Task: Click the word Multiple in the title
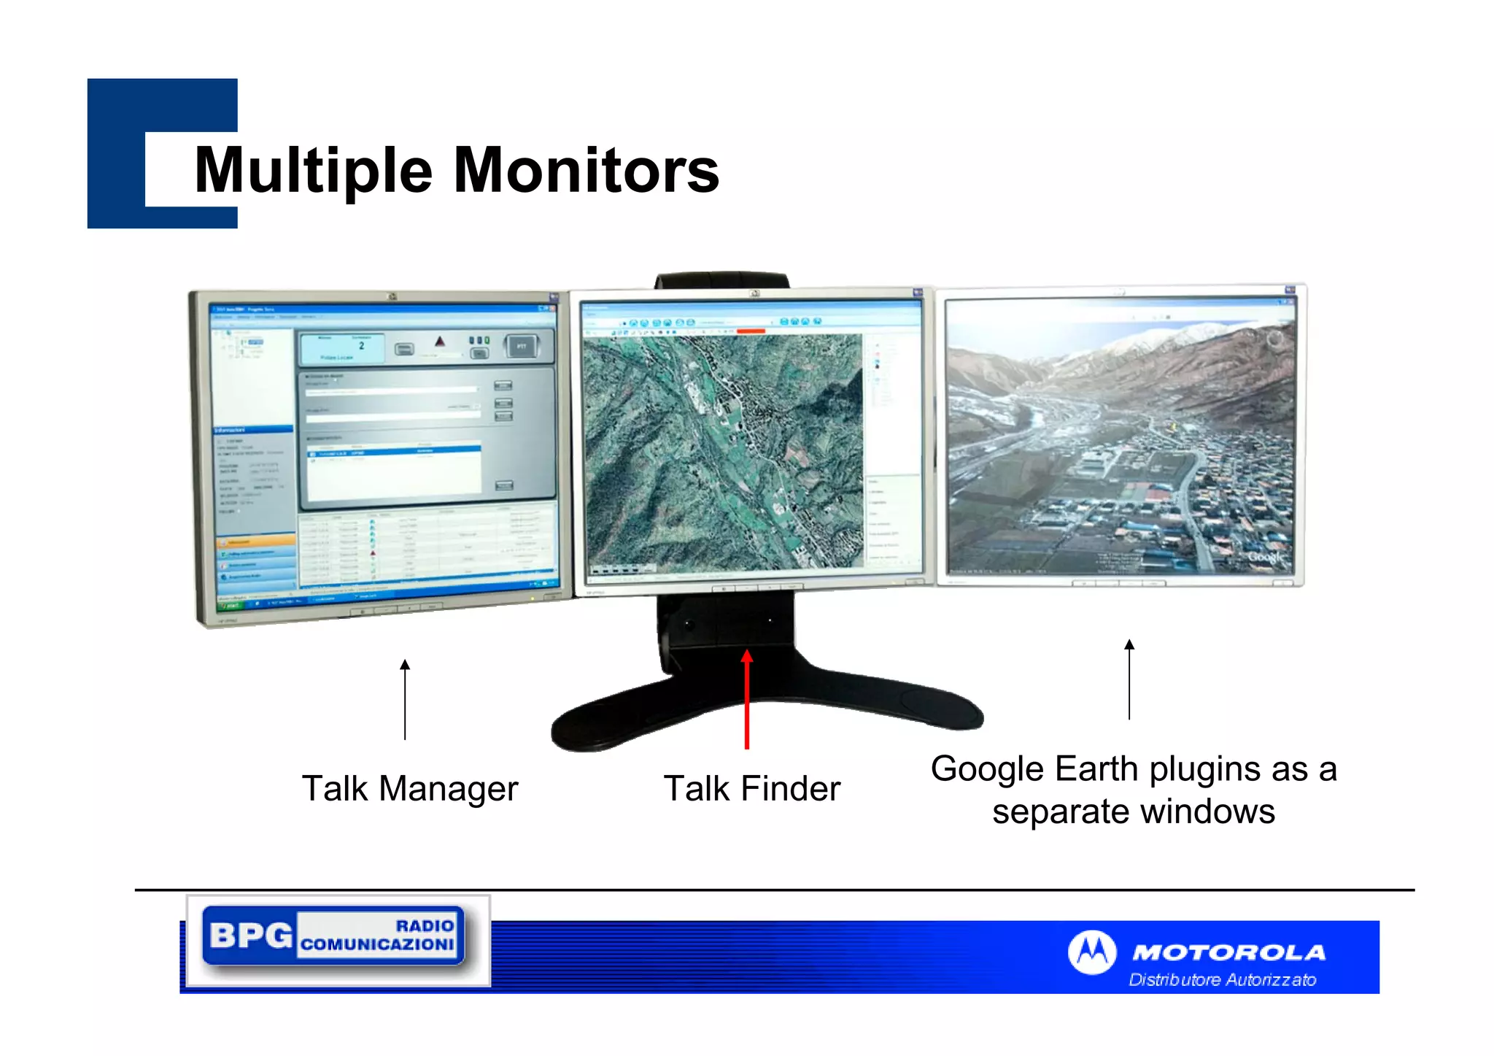point(314,171)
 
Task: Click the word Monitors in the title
point(587,170)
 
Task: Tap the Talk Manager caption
point(410,789)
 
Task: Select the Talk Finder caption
point(752,789)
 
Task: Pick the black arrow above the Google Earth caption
point(1129,679)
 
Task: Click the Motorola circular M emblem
point(1092,952)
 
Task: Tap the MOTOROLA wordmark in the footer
point(1228,952)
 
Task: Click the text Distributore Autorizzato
point(1223,980)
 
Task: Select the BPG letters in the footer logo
point(250,935)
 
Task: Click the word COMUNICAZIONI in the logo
point(377,944)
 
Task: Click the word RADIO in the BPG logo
point(425,925)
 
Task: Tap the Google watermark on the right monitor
point(1265,557)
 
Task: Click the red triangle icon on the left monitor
point(439,342)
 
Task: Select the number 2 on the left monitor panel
point(361,346)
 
